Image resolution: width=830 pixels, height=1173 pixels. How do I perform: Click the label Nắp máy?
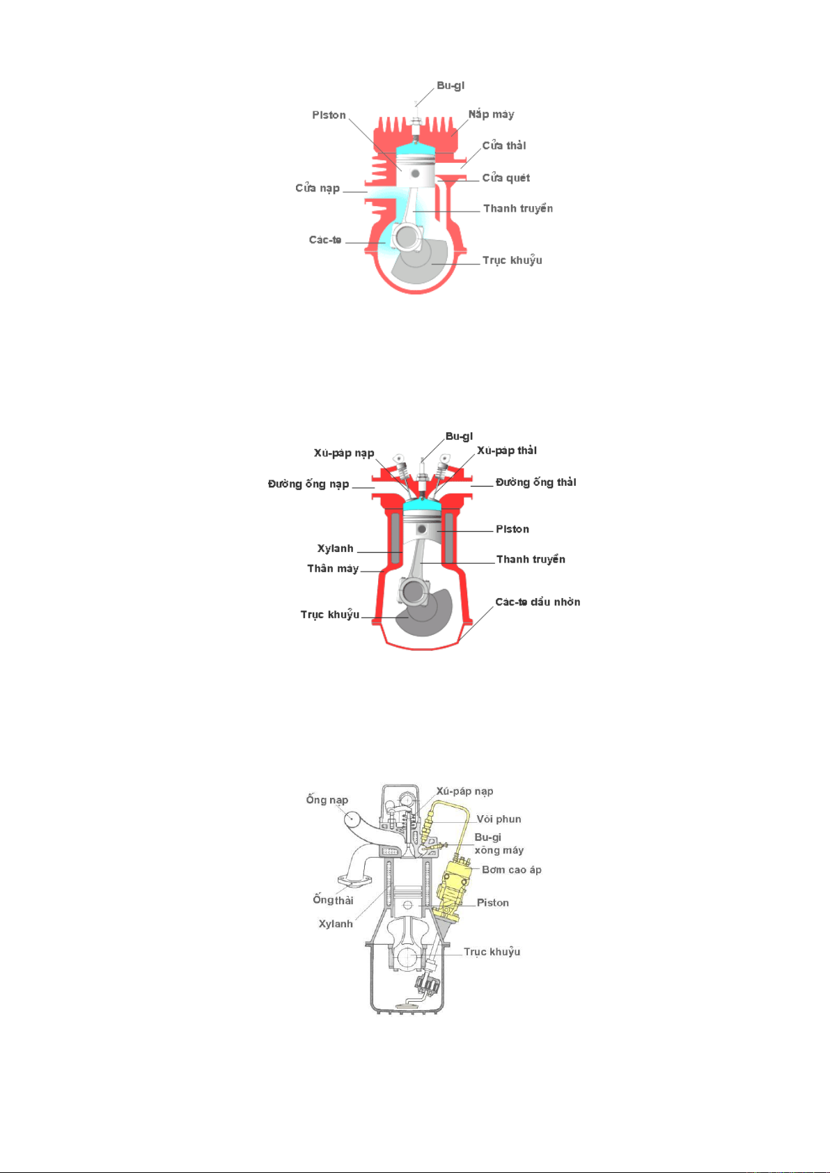coord(491,114)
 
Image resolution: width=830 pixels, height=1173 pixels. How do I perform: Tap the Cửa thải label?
coord(503,145)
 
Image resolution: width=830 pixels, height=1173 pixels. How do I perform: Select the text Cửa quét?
coord(506,178)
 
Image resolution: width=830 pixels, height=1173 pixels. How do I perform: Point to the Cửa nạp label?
coord(318,188)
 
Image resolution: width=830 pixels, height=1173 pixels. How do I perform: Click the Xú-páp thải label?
coord(506,451)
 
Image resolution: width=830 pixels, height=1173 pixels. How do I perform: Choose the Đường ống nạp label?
coord(308,484)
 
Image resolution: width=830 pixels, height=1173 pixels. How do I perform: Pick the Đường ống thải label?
coord(535,482)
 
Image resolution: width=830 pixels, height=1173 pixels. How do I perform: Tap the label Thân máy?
coord(333,569)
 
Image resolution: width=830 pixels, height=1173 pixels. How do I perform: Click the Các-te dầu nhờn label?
coord(538,602)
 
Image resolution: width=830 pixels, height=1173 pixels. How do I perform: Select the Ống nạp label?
coord(327,800)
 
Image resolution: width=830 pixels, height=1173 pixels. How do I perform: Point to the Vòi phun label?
coord(499,819)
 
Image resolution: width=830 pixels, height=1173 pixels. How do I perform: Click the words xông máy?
coord(499,851)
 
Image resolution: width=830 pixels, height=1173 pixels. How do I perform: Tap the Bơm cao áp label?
coord(512,869)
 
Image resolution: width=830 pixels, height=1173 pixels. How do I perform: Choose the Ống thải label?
coord(333,899)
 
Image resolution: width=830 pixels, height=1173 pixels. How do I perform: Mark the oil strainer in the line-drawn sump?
coord(407,1005)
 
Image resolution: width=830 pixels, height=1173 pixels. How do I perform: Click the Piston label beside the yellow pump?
coord(493,903)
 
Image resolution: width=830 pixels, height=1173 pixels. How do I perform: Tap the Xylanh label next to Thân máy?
coord(335,549)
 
